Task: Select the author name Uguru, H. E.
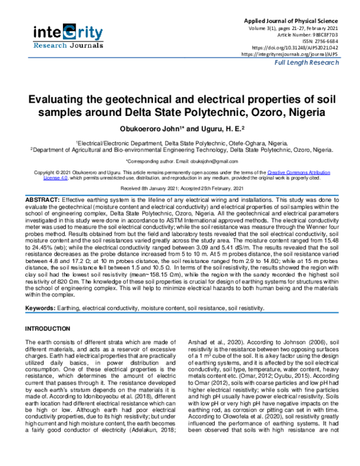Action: click(202, 129)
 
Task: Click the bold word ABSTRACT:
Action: click(41, 199)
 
